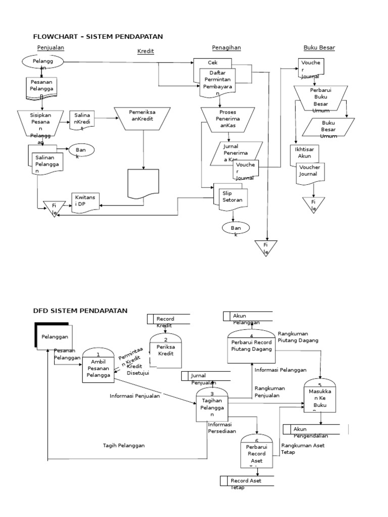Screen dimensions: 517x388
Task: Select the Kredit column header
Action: coord(145,51)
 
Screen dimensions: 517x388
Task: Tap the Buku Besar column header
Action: coord(319,48)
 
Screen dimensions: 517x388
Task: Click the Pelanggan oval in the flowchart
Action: coord(43,63)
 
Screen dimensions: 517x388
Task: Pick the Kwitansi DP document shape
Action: coord(85,203)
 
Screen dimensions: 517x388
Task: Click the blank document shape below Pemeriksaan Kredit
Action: coord(143,184)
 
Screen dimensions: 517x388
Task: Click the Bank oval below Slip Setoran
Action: coord(236,229)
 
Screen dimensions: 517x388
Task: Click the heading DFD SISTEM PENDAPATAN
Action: coord(80,310)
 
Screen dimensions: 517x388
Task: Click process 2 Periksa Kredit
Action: coord(165,350)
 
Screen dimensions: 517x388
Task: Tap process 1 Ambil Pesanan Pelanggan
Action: coord(98,365)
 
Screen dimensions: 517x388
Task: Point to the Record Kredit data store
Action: coord(168,319)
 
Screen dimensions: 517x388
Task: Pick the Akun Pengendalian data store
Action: coord(315,429)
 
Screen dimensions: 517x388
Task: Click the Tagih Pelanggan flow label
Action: coord(124,445)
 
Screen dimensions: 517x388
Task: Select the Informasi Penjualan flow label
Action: coord(134,396)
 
